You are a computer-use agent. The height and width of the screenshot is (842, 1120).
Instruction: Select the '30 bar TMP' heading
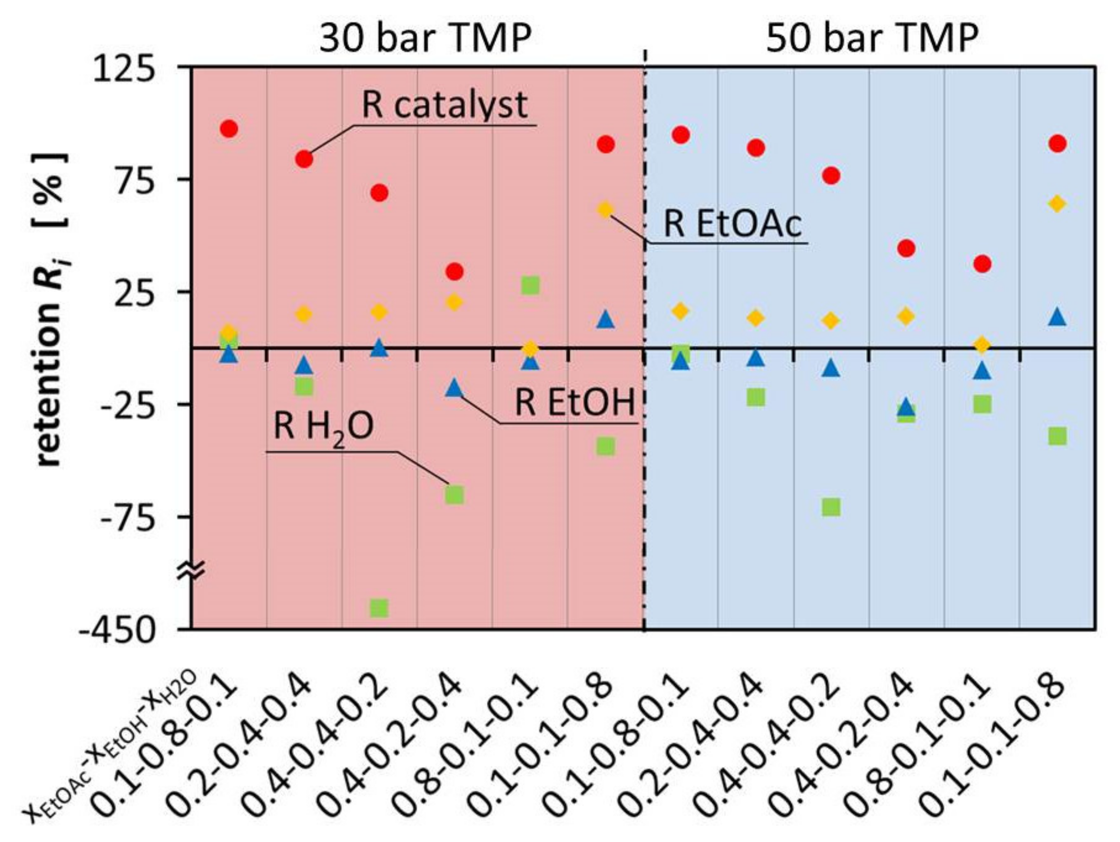(x=425, y=38)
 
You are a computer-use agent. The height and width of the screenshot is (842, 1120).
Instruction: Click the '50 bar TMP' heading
(x=872, y=38)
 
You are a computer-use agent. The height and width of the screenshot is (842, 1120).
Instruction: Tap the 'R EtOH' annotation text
(x=575, y=403)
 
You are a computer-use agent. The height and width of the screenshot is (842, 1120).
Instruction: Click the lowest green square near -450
(x=379, y=607)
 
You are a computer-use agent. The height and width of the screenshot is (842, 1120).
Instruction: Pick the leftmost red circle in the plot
(x=229, y=129)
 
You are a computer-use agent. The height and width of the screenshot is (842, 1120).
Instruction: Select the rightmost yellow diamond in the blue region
(x=1057, y=204)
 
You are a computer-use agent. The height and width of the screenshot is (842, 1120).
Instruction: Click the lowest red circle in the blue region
(x=982, y=263)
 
